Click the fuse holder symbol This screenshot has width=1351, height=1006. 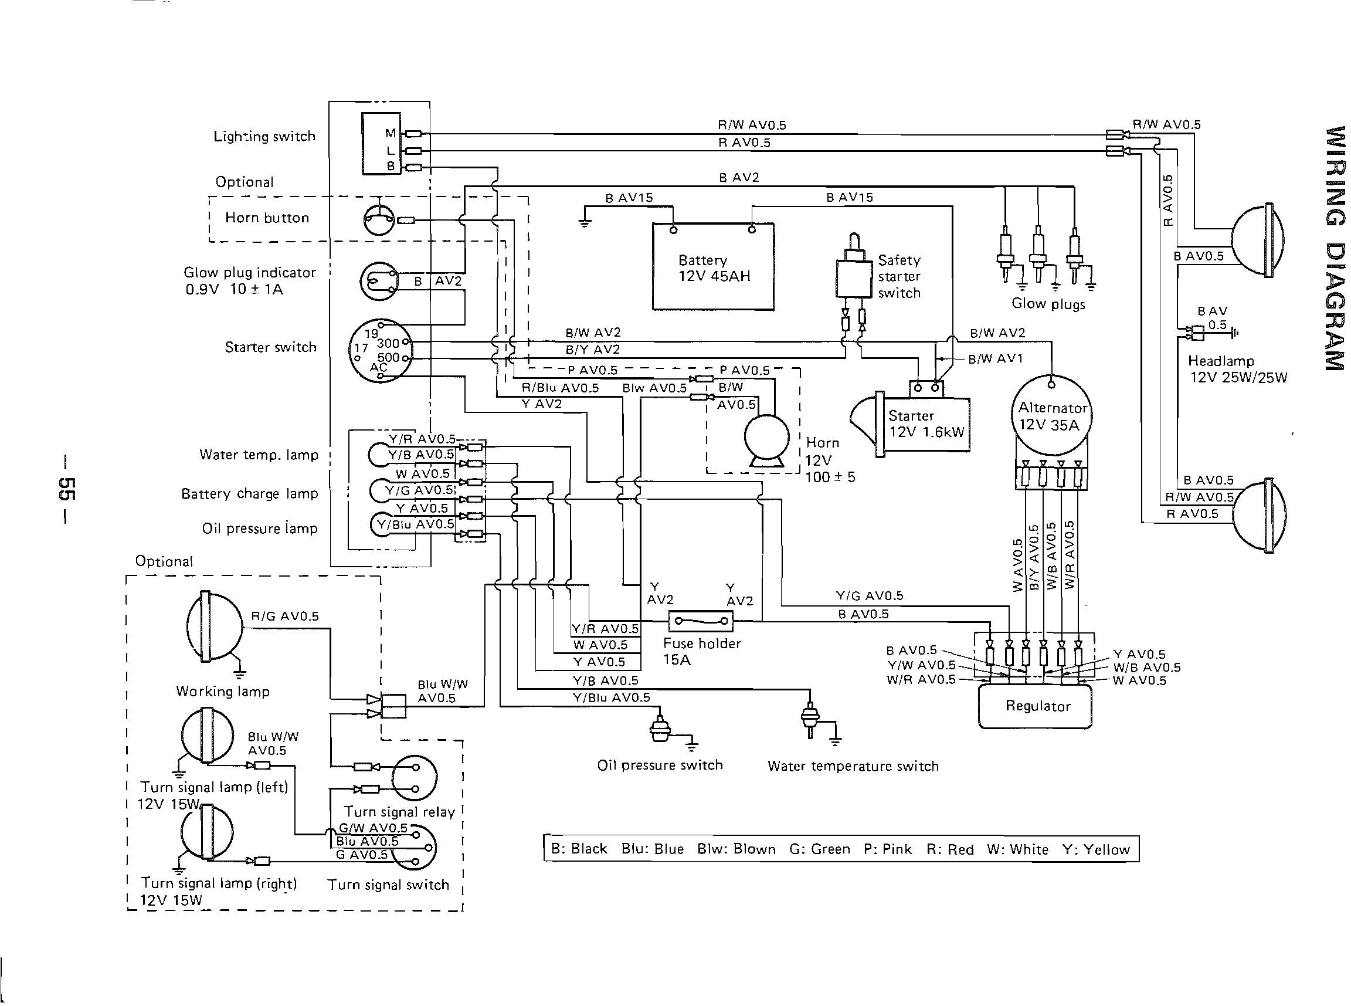[x=701, y=621]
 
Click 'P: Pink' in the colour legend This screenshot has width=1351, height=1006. [x=887, y=849]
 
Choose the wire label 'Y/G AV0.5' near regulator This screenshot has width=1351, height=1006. [x=869, y=595]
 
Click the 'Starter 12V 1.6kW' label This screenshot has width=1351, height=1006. [x=926, y=424]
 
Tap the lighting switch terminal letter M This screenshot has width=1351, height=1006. [x=390, y=133]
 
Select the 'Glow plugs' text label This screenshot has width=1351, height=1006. [x=1048, y=303]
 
